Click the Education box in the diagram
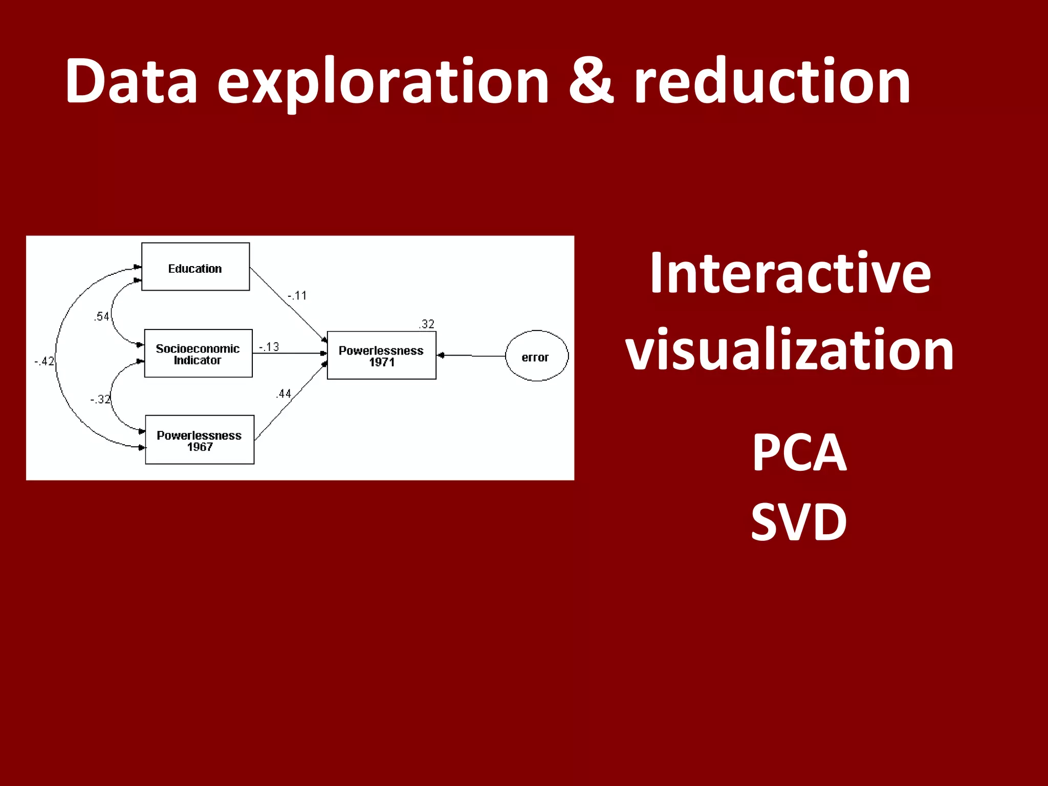point(195,267)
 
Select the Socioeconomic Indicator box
point(198,354)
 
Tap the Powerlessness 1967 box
point(200,440)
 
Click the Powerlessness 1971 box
point(381,356)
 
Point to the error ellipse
point(536,356)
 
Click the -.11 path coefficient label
point(297,296)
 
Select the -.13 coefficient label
point(269,347)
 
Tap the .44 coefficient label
point(283,394)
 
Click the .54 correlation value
point(101,317)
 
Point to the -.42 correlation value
point(45,361)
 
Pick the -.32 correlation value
point(100,399)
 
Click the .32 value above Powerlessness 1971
point(426,324)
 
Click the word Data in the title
point(132,82)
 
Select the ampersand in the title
point(591,82)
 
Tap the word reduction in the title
point(772,82)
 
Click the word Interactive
point(790,274)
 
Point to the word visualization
point(790,350)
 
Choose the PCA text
point(799,452)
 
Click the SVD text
point(799,522)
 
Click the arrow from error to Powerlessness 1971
point(471,356)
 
